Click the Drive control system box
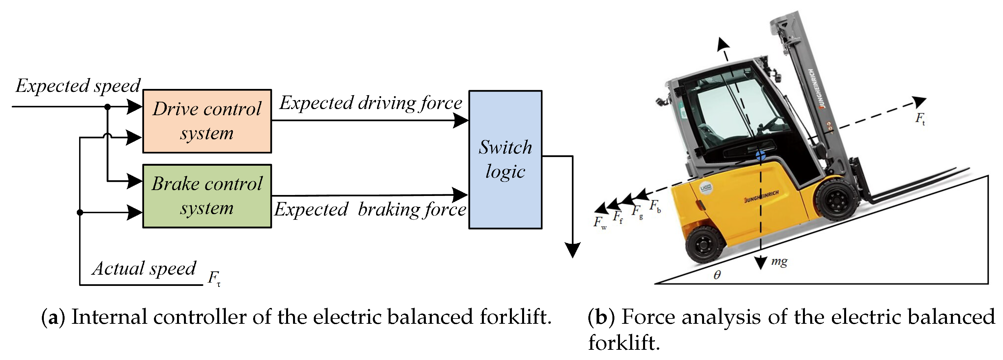pos(207,121)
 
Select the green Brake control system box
pos(207,196)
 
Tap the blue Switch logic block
pos(505,159)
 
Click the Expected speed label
pos(78,86)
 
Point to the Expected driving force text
pos(371,103)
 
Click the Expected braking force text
pos(370,209)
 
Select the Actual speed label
pos(144,268)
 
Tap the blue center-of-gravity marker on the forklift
pos(761,156)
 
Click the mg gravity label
pos(779,261)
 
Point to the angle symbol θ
pos(717,275)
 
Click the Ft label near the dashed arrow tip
pos(920,118)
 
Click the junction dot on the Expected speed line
pos(107,107)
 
